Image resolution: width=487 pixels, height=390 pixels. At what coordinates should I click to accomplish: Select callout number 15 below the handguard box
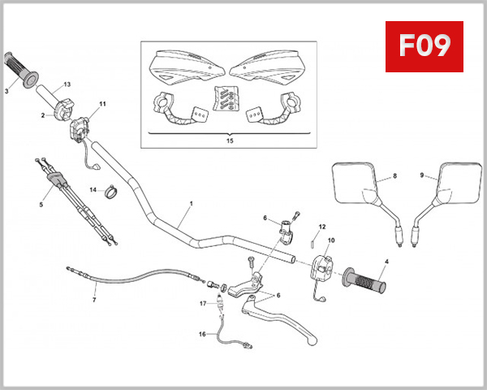pyautogui.click(x=231, y=141)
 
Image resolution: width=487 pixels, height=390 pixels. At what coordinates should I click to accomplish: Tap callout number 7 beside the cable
pyautogui.click(x=94, y=300)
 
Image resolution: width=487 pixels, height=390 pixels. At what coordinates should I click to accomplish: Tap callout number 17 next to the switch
pyautogui.click(x=202, y=304)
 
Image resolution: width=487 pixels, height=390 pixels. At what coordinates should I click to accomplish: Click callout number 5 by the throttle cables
pyautogui.click(x=41, y=205)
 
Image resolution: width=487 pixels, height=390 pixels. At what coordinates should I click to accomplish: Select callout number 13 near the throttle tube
pyautogui.click(x=67, y=84)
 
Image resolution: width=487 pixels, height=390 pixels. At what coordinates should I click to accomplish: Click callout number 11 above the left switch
pyautogui.click(x=103, y=104)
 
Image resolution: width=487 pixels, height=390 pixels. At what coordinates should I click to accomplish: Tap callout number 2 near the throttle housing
pyautogui.click(x=42, y=115)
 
